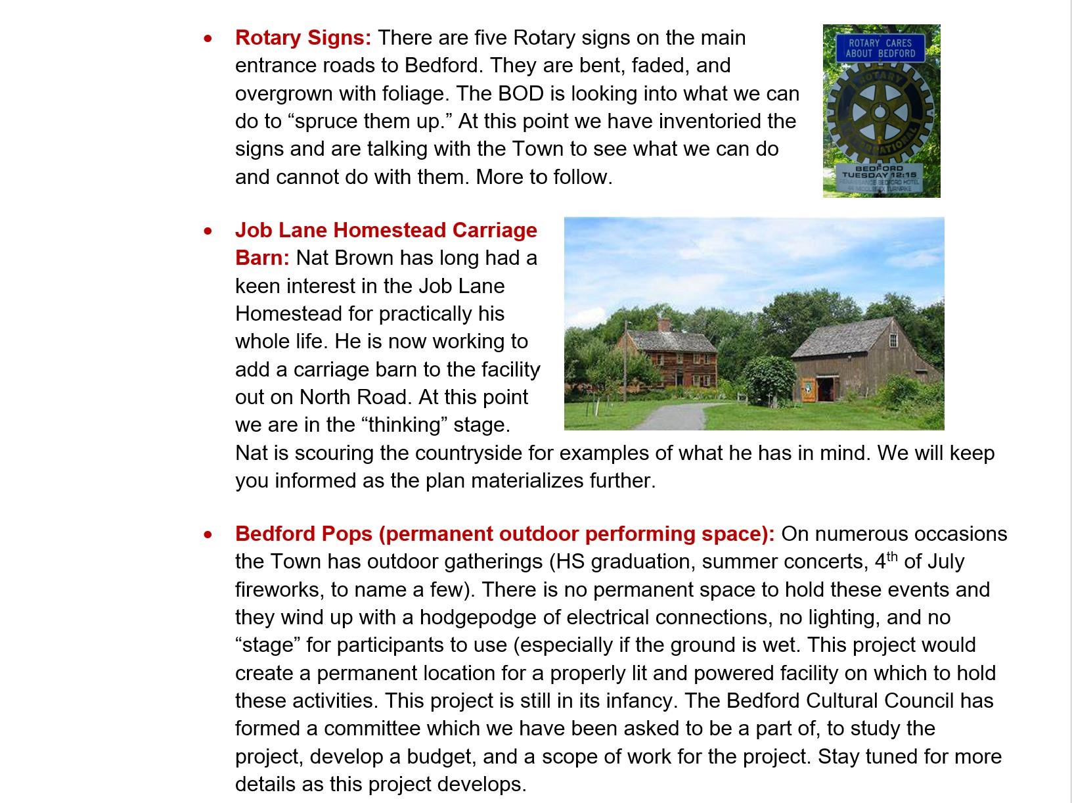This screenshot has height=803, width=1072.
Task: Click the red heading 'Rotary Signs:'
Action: (303, 37)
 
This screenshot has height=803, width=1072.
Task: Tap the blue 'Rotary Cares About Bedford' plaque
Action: (880, 48)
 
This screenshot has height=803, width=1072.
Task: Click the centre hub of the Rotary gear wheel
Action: (880, 112)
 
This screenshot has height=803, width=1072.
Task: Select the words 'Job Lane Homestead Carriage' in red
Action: (386, 230)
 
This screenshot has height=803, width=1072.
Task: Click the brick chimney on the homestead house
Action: (664, 325)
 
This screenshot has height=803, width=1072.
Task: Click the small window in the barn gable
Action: (892, 340)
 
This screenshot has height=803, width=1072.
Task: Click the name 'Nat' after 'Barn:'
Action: (312, 258)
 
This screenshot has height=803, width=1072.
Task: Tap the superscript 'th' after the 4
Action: (892, 557)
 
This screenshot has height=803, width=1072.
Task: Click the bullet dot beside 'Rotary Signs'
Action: (208, 39)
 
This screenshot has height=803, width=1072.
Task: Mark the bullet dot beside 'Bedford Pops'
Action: (208, 535)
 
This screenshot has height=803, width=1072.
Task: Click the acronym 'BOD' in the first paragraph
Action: (521, 93)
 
